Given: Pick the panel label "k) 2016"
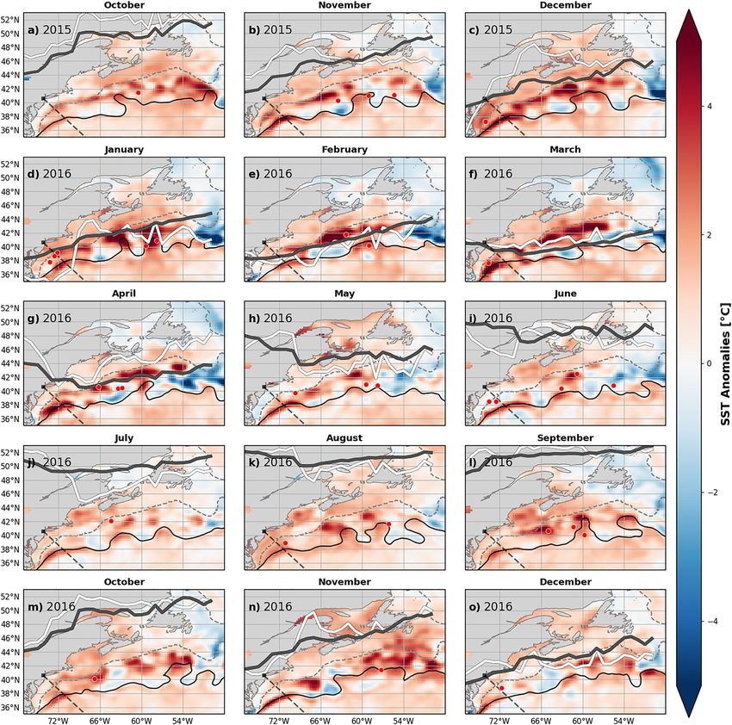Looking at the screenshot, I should (x=273, y=462).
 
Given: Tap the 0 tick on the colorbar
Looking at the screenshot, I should (x=708, y=363).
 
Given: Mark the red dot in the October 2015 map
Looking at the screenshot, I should (x=138, y=92).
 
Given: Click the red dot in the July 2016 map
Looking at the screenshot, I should (x=111, y=520).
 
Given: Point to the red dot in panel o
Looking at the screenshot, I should (x=502, y=688).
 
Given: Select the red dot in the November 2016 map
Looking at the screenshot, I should (x=381, y=669).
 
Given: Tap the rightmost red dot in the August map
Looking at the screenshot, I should (x=388, y=524).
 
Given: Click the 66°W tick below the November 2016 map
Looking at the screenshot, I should (x=319, y=721).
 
